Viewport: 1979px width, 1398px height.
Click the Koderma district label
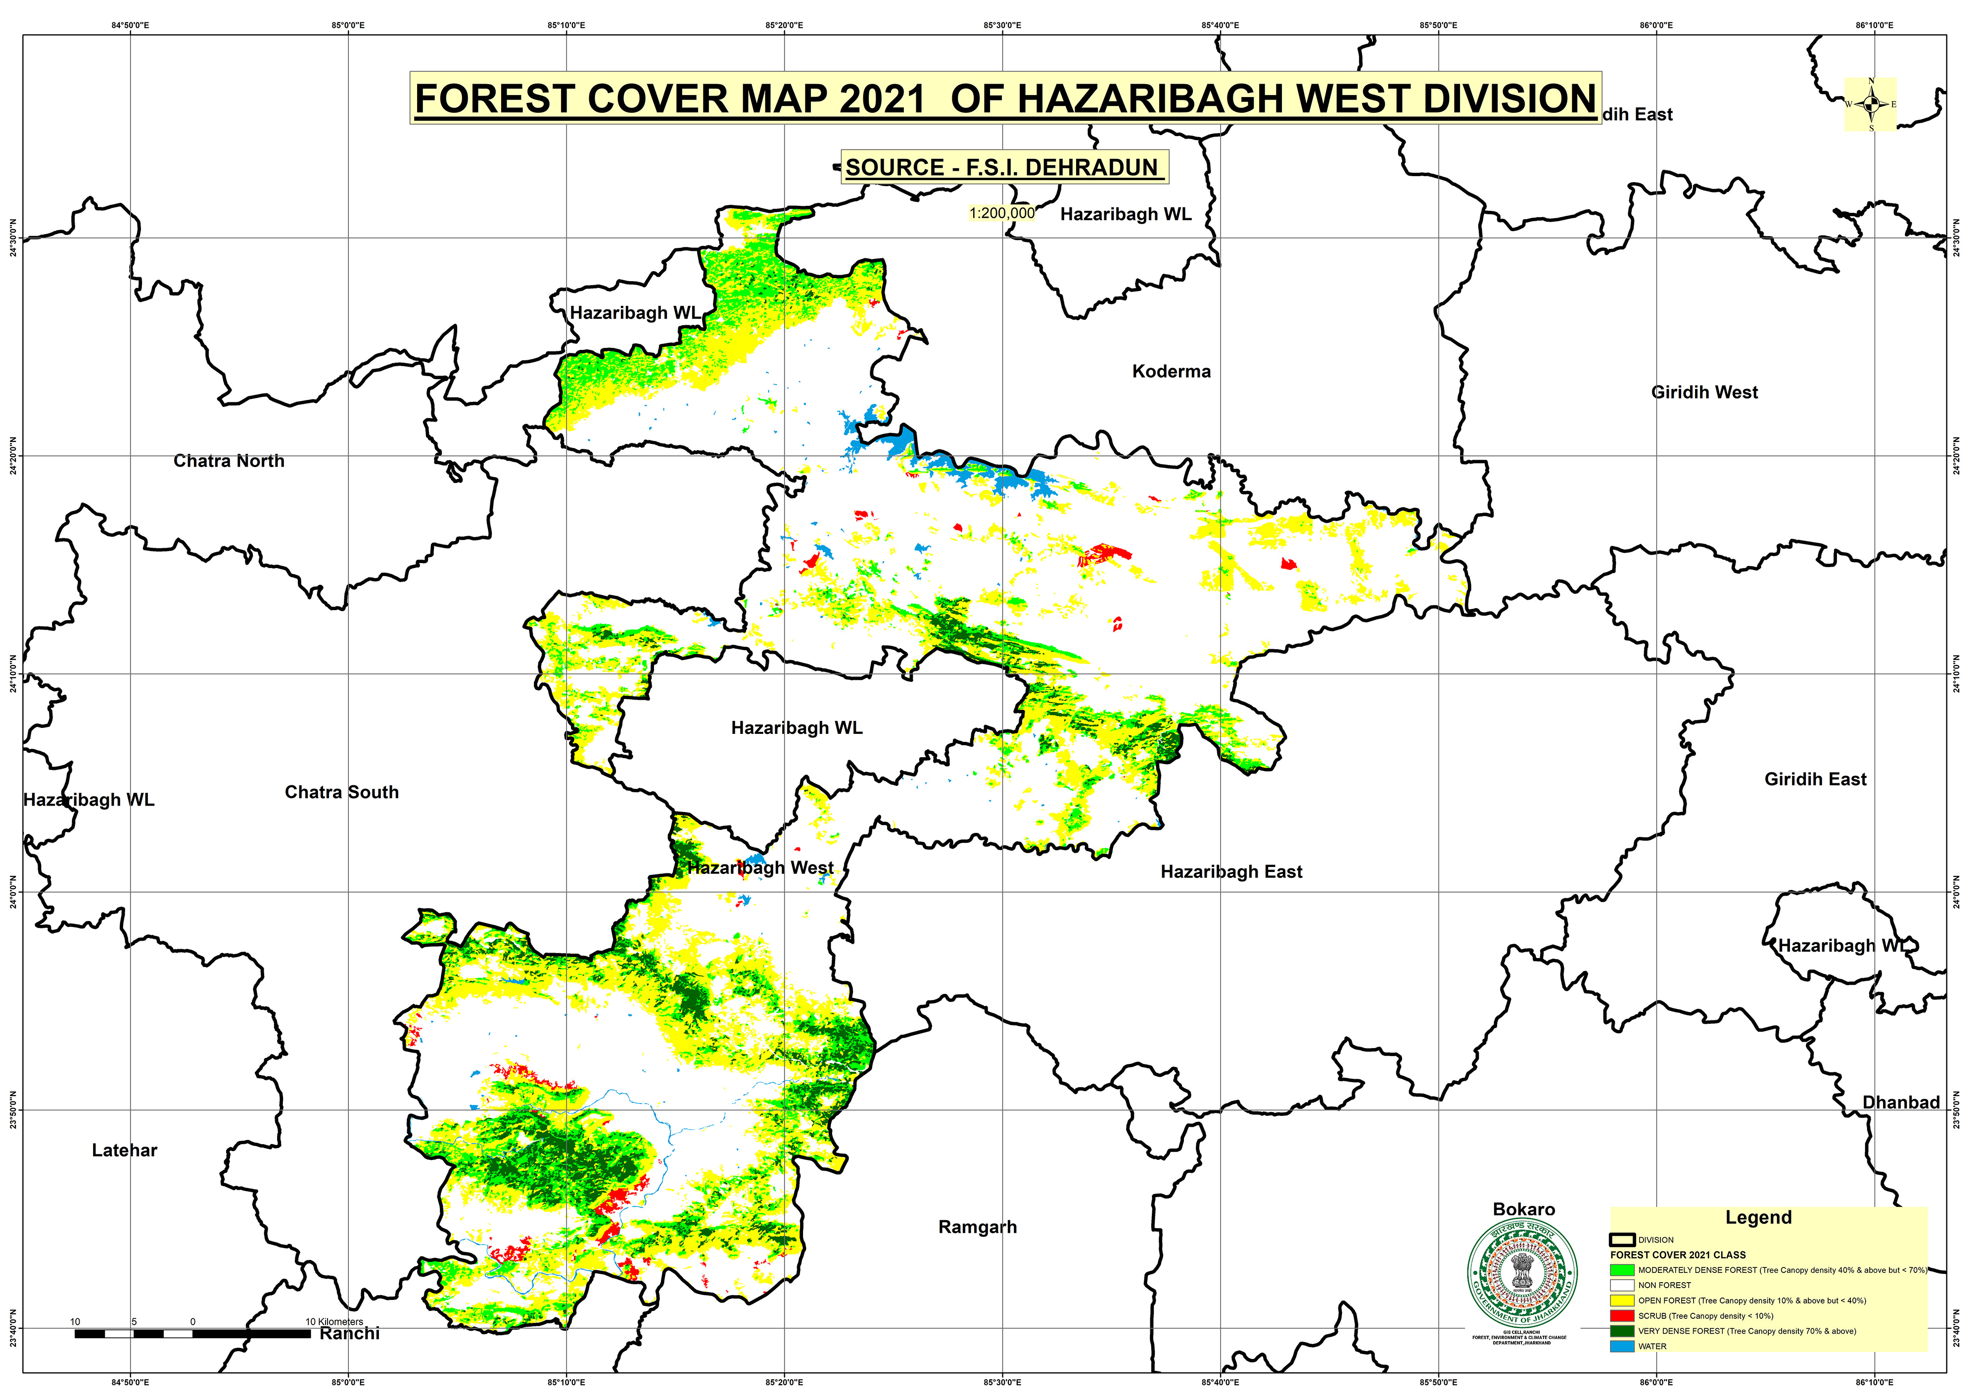[1171, 372]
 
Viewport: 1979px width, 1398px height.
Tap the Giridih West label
[1703, 392]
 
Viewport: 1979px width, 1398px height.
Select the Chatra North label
[229, 461]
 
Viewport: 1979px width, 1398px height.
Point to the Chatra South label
[341, 792]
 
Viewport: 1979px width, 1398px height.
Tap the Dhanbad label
[1900, 1103]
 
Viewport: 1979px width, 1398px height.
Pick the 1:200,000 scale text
[1001, 213]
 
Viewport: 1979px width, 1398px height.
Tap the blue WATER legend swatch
[1621, 1346]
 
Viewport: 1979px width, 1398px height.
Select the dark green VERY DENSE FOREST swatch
[1621, 1331]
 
